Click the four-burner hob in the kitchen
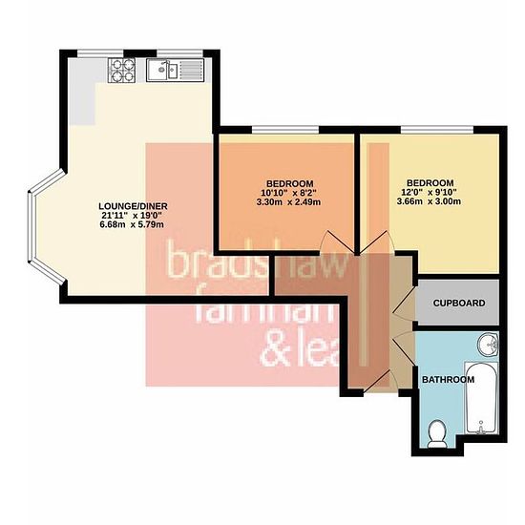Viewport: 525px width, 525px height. [x=121, y=71]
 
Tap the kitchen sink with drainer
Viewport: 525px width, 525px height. [x=175, y=70]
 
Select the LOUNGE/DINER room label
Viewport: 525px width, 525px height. [x=133, y=206]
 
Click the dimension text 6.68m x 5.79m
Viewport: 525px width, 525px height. [x=132, y=224]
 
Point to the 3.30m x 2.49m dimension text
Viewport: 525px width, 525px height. [x=288, y=202]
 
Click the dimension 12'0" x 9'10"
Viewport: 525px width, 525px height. [x=429, y=192]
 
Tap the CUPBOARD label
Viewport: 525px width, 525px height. [x=459, y=303]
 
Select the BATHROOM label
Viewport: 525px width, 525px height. [x=448, y=380]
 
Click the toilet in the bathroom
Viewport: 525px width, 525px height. [x=437, y=434]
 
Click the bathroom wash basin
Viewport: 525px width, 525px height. [x=488, y=345]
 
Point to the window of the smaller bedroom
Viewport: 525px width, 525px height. [x=285, y=130]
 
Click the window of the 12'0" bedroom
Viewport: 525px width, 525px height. [x=437, y=130]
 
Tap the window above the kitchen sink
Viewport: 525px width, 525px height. [x=180, y=53]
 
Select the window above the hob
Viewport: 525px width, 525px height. [x=100, y=53]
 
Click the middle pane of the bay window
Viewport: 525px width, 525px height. [x=31, y=227]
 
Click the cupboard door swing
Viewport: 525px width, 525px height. [x=404, y=304]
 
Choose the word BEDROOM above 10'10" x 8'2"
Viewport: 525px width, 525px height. [x=290, y=184]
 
